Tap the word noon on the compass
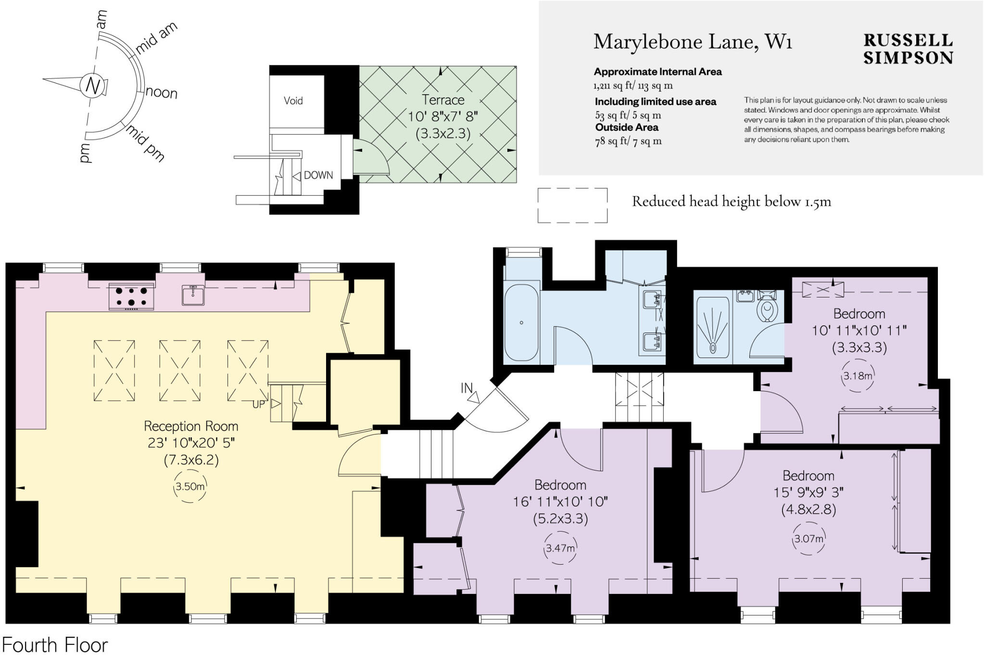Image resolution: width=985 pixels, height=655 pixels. point(162,92)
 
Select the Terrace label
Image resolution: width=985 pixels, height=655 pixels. point(443,100)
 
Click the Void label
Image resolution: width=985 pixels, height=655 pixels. point(293,100)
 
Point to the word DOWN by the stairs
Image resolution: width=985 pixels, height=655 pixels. point(318,175)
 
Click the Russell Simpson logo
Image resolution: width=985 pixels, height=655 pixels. point(908,49)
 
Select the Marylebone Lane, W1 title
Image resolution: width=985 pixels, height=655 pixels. point(693,42)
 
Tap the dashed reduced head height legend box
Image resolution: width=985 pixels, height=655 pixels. point(572,206)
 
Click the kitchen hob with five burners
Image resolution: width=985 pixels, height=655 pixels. point(131,296)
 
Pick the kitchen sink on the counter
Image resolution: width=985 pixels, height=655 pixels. point(193,295)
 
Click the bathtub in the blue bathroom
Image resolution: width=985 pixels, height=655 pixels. point(521,322)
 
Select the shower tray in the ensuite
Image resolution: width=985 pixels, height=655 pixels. point(712,327)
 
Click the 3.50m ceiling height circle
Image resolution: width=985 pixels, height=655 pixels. point(190,486)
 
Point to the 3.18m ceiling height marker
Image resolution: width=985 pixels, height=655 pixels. point(858,376)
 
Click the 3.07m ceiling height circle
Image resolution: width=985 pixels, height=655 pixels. point(808,539)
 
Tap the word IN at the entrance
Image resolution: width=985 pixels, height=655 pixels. point(467,388)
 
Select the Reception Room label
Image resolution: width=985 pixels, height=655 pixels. point(191,426)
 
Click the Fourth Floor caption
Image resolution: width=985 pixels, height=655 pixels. point(55,644)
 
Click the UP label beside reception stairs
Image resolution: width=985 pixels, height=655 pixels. point(259,405)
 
